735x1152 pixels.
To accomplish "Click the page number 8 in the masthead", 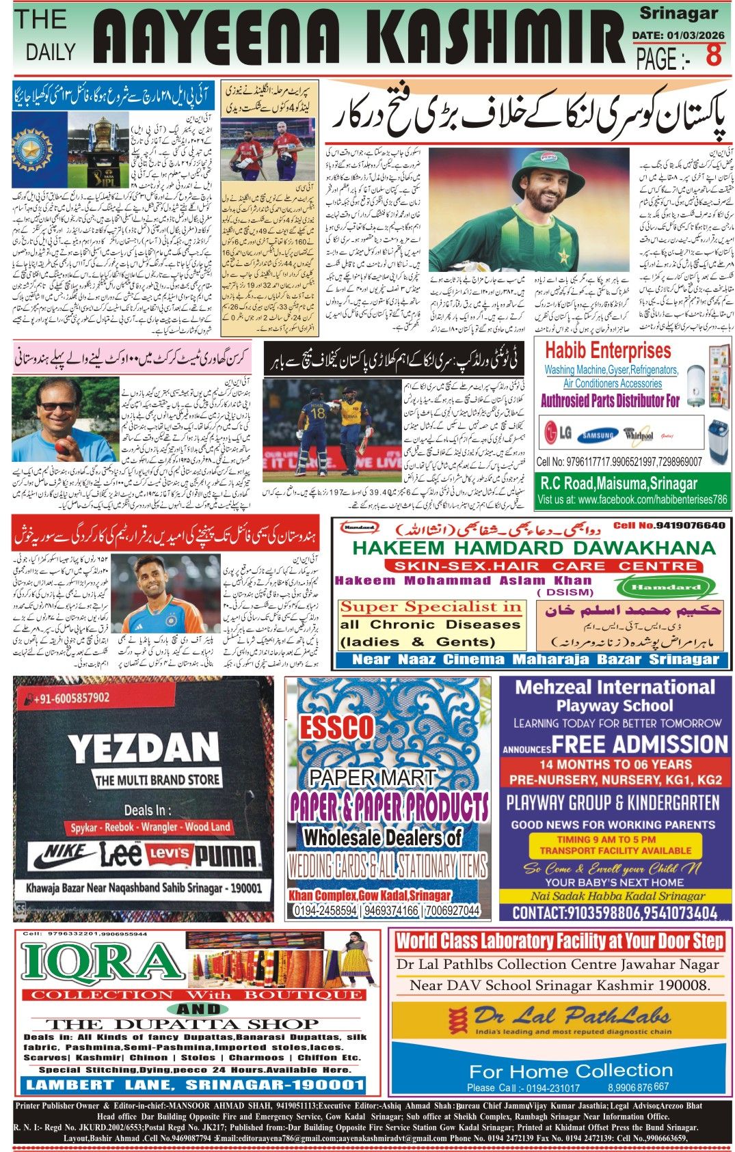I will [x=714, y=55].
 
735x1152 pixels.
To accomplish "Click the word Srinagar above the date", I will [x=678, y=13].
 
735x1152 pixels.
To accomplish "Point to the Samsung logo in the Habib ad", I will [x=597, y=435].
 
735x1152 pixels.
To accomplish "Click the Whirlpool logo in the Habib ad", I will [x=638, y=435].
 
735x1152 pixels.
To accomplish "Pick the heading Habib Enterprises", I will [x=608, y=351].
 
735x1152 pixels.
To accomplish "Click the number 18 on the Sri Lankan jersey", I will [x=318, y=413].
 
